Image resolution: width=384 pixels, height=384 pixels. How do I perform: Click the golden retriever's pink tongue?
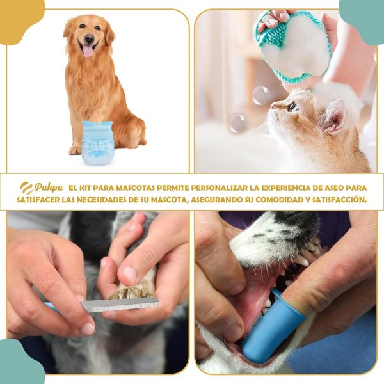[x=88, y=50]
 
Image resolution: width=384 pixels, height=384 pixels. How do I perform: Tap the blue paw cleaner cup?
[x=97, y=142]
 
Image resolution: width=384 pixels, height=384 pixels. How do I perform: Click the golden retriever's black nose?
[x=88, y=39]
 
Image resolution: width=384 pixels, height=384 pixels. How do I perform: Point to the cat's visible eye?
[x=291, y=107]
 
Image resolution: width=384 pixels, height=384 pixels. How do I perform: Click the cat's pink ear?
[x=334, y=115]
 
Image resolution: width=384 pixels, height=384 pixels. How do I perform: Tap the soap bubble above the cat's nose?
[x=260, y=95]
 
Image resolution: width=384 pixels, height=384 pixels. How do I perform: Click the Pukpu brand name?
[x=50, y=188]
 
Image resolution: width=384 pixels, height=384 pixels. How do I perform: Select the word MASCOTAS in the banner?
[x=132, y=188]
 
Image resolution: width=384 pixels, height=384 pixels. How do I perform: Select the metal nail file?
[x=120, y=305]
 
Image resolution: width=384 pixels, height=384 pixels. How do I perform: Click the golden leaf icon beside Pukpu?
[x=27, y=188]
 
